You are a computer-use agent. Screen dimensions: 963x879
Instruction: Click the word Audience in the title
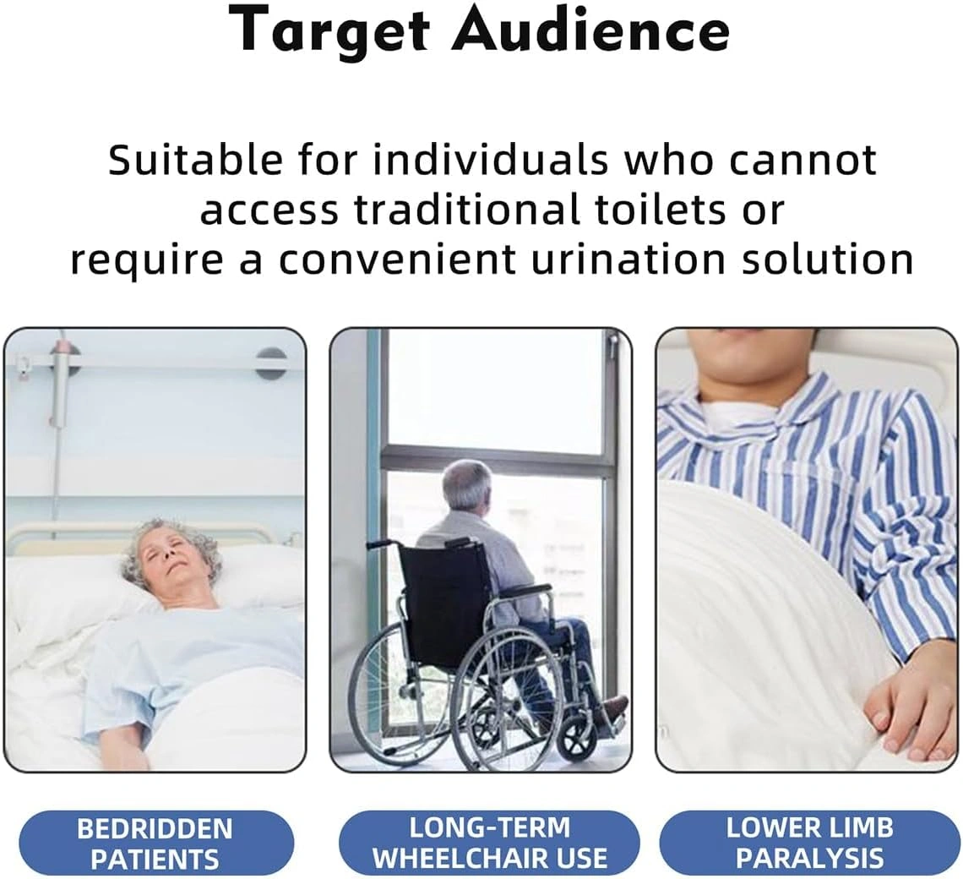[590, 28]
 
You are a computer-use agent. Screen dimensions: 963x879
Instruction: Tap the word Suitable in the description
[195, 160]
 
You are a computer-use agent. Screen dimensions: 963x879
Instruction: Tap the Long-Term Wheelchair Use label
[489, 842]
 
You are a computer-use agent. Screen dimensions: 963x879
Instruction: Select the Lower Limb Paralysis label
[809, 842]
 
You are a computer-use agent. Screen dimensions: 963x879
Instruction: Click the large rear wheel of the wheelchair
[509, 691]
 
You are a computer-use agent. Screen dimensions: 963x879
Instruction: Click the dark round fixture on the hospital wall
[271, 363]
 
